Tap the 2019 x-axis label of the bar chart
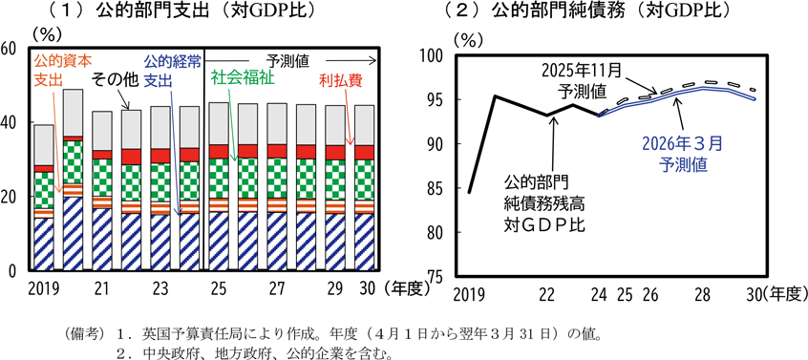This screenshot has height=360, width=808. [x=40, y=288]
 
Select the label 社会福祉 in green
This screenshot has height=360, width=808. [x=243, y=79]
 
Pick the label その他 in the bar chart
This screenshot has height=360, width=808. [x=115, y=80]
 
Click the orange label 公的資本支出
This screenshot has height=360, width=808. [x=62, y=71]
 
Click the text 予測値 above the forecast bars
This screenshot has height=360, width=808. [x=288, y=61]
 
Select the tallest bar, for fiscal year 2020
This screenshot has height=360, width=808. [x=73, y=180]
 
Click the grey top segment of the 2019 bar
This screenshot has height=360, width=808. [x=44, y=145]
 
